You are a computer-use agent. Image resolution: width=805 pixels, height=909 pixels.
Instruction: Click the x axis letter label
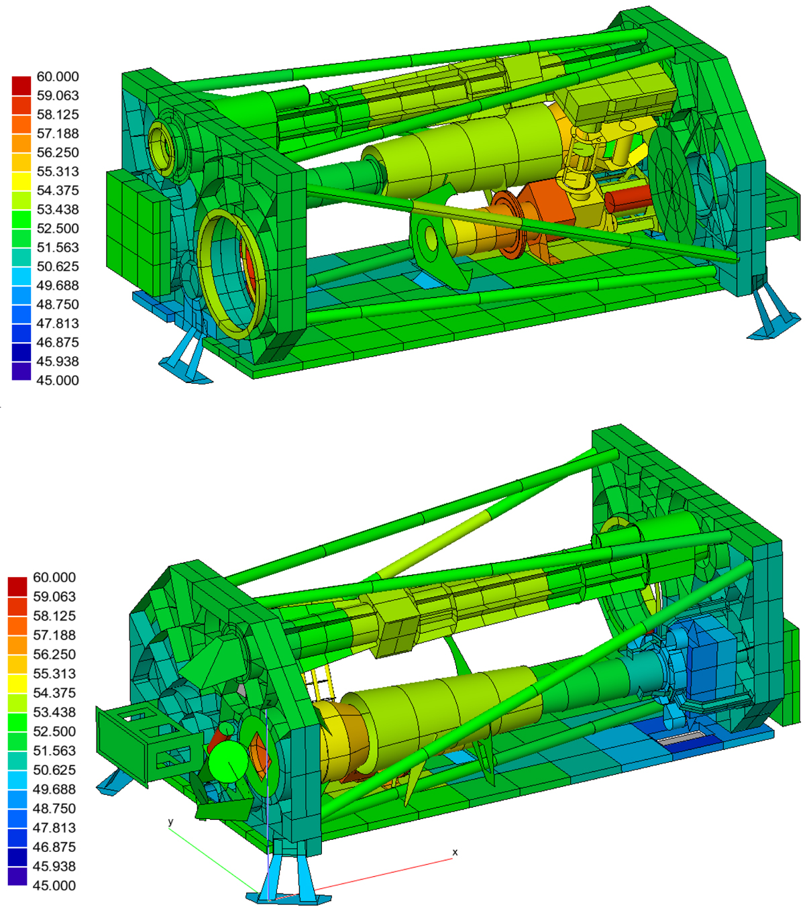455,853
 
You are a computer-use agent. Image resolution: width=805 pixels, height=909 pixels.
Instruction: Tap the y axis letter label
170,822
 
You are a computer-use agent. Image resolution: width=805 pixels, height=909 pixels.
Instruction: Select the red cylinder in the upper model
628,201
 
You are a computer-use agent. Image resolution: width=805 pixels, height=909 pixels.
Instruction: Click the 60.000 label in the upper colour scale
58,76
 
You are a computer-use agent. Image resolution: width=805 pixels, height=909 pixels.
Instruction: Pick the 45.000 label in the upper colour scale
58,380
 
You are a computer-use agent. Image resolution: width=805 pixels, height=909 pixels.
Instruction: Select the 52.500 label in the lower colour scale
54,732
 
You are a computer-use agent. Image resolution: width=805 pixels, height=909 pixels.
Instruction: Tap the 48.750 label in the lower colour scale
54,808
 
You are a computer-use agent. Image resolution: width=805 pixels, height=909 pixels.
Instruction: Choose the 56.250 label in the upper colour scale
58,152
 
